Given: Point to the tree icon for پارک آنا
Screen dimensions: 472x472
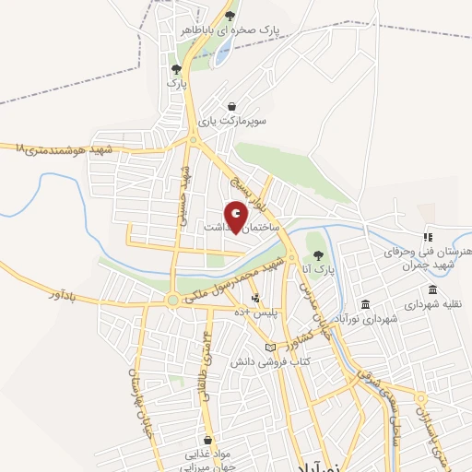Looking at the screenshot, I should tap(319, 255).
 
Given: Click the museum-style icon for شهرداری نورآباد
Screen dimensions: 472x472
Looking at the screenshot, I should tap(366, 304).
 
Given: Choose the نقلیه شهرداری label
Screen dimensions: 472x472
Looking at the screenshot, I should tap(425, 303).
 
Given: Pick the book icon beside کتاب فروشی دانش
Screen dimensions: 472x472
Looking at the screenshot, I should tap(269, 347).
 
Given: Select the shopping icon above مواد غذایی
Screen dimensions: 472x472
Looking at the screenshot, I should tap(209, 440).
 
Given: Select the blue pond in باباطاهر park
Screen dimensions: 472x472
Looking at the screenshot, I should tap(224, 51).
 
